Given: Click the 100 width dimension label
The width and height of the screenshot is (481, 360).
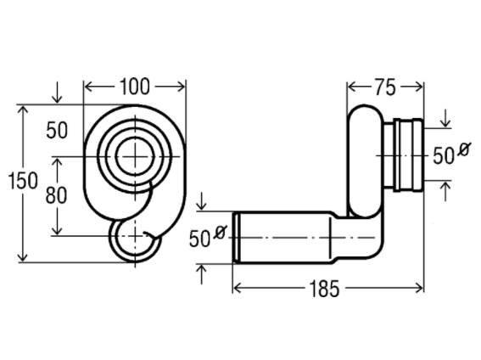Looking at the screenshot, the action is (x=135, y=87).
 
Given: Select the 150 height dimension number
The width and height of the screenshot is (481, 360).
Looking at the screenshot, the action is (x=23, y=181).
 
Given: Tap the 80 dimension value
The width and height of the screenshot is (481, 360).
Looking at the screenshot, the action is (x=56, y=195).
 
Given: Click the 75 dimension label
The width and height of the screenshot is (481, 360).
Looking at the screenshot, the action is (x=385, y=87).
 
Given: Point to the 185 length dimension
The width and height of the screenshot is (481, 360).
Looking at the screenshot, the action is (x=324, y=289).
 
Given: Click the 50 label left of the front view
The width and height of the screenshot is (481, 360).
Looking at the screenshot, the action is (x=57, y=130).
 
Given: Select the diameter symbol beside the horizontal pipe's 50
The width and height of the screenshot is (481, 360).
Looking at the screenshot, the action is (x=220, y=232).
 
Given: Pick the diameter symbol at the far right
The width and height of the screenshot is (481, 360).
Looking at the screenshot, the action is (x=463, y=149).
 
